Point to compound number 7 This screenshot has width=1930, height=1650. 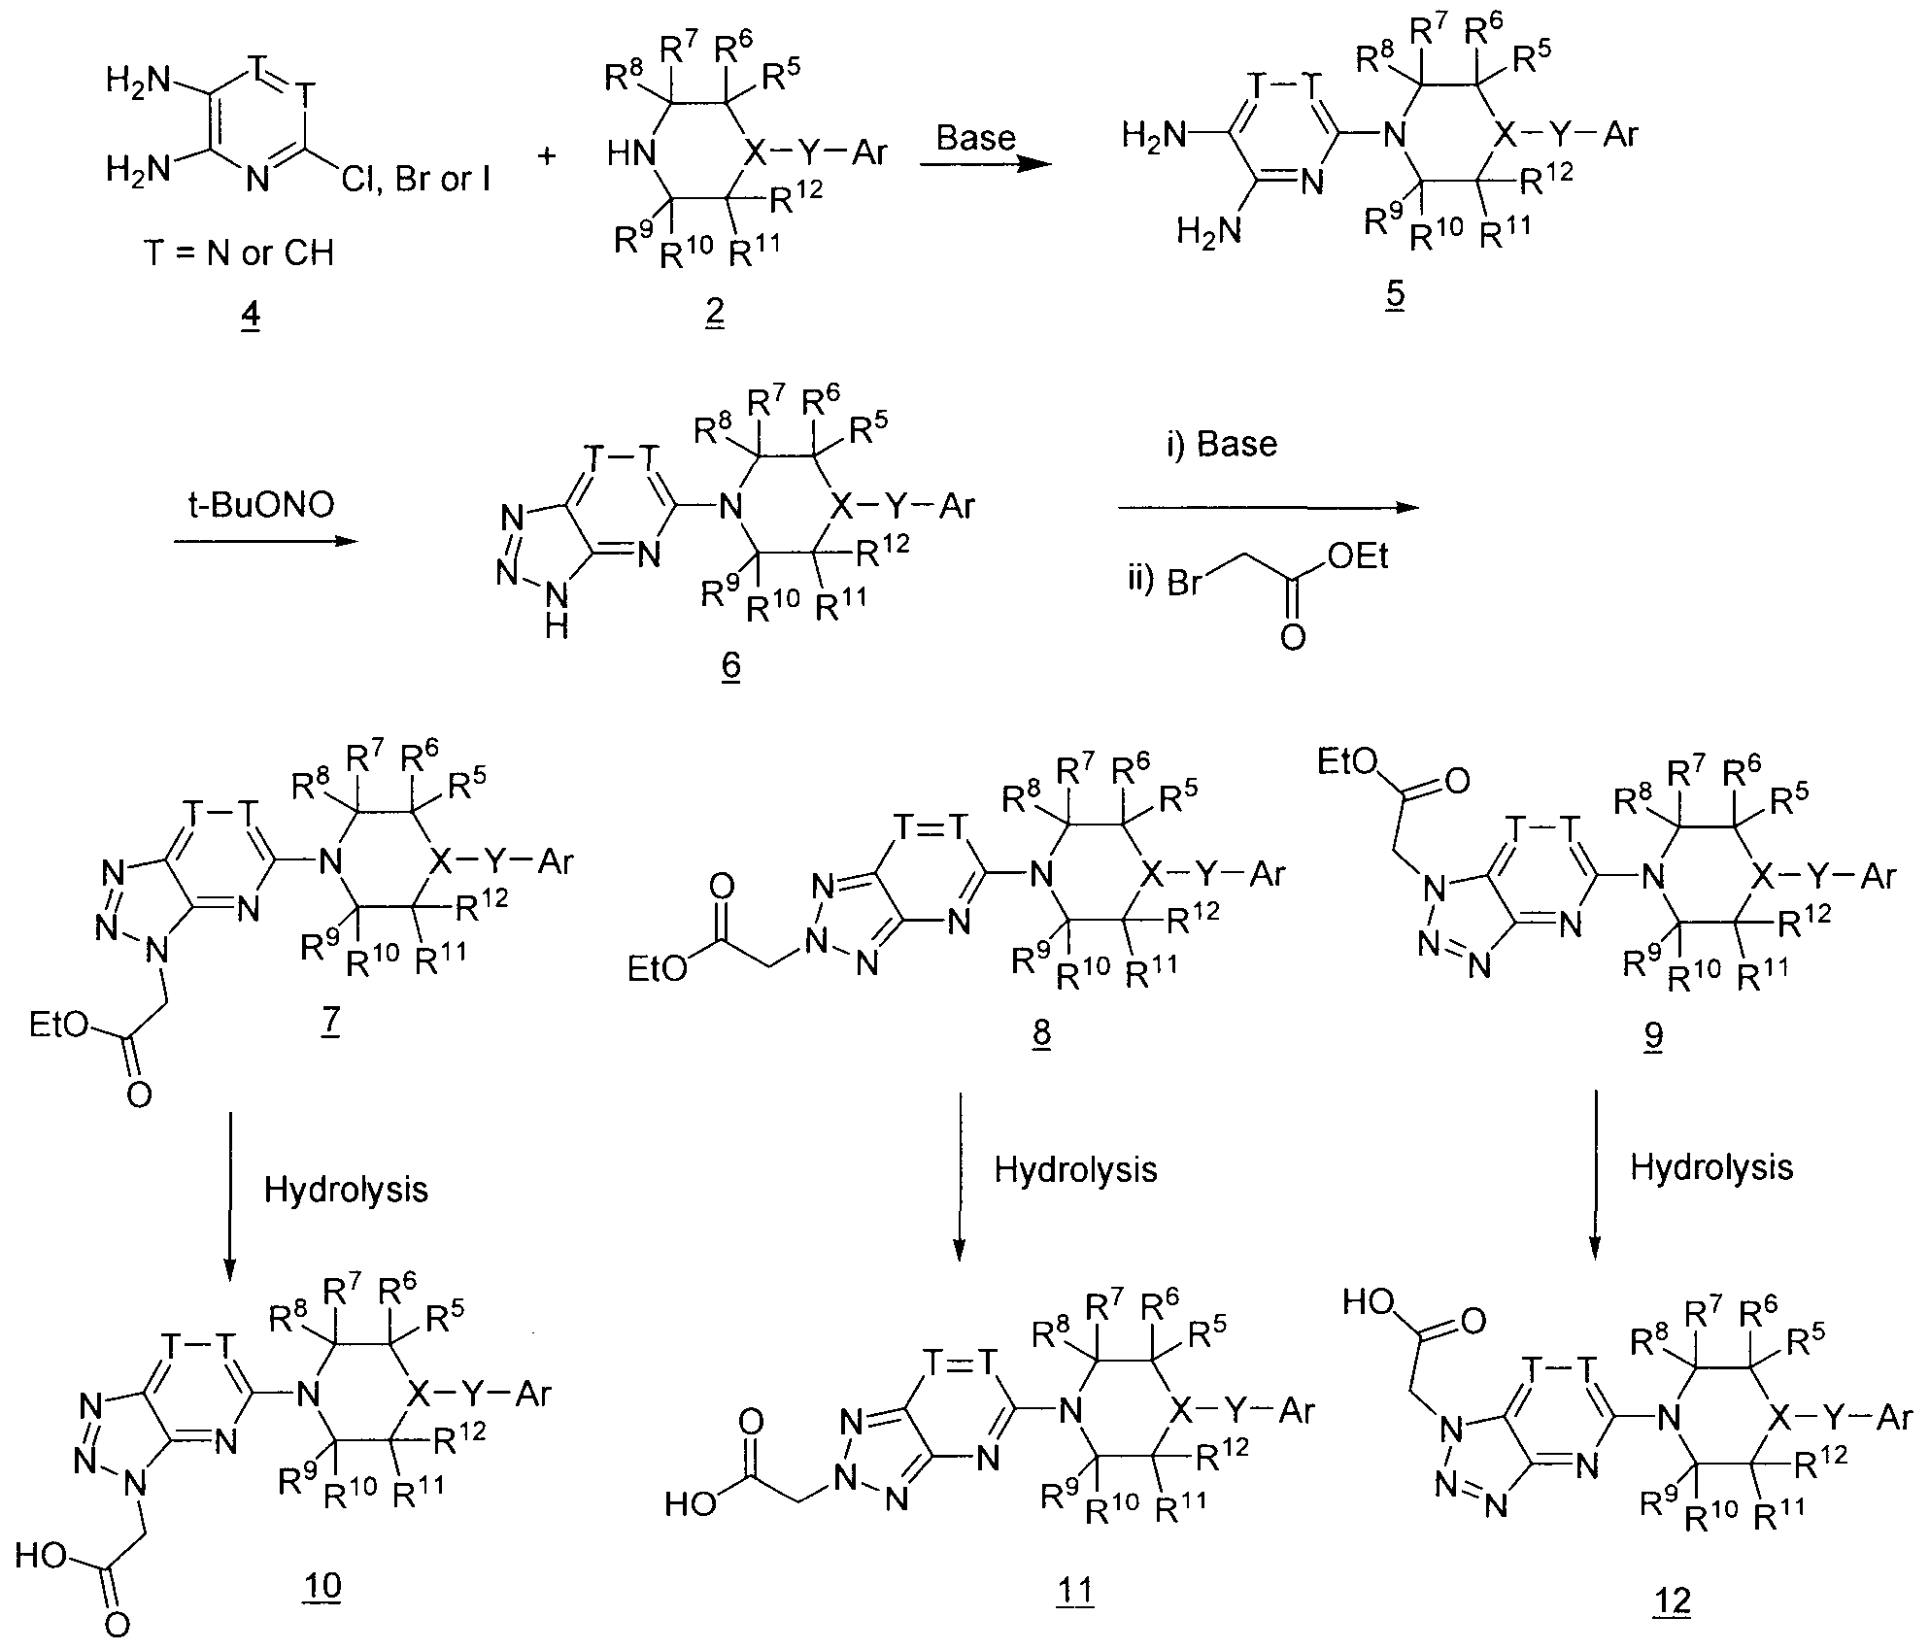point(328,1025)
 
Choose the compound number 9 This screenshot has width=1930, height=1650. point(1653,1036)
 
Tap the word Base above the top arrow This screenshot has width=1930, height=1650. point(975,138)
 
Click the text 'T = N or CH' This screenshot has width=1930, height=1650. point(239,253)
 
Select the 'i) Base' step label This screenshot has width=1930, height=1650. point(1222,444)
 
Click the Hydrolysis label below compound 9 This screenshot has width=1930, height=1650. point(1711,1167)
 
